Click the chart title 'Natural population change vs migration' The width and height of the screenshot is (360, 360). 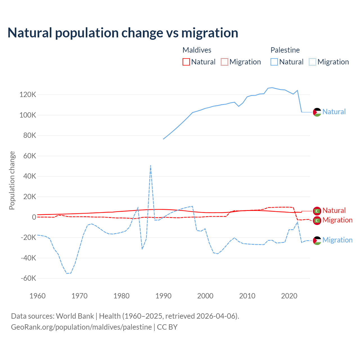[x=123, y=33]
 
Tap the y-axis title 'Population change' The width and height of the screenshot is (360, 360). [x=12, y=180]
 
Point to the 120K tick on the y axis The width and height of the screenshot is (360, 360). [x=28, y=95]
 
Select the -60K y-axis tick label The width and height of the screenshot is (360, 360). [x=28, y=278]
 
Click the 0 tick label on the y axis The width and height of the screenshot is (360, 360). [x=34, y=217]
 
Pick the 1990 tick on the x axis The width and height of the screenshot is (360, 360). [x=163, y=296]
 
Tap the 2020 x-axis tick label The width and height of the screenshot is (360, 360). [x=289, y=296]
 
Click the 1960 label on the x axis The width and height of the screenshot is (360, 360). [x=37, y=296]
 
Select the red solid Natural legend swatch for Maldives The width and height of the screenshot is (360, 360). [x=186, y=62]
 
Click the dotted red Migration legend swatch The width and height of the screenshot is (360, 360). [x=224, y=62]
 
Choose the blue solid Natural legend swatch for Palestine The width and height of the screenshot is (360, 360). [x=274, y=62]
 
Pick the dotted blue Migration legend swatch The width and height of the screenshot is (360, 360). [x=312, y=62]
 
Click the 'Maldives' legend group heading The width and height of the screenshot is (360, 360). [x=197, y=50]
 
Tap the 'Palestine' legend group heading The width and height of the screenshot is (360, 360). [x=285, y=50]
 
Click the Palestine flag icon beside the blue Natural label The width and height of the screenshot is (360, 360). [x=317, y=112]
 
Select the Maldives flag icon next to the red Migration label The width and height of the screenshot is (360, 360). [x=317, y=220]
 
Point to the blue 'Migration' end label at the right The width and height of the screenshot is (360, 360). [x=337, y=240]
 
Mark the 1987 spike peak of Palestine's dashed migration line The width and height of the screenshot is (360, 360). [x=151, y=166]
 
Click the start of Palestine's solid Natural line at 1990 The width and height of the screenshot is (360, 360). [x=163, y=139]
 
